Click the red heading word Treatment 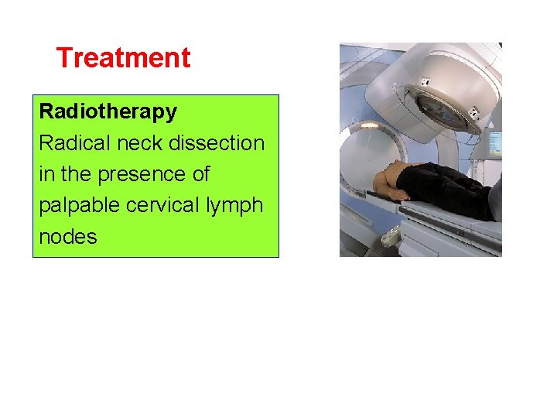[123, 58]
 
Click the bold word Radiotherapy [108, 111]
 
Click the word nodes [68, 237]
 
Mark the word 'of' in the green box [200, 174]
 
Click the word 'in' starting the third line [45, 174]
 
